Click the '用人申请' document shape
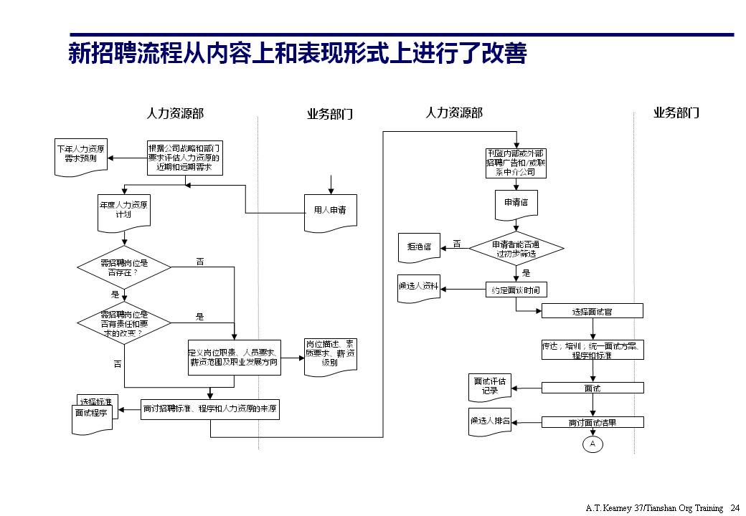pyautogui.click(x=330, y=212)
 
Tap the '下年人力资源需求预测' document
pyautogui.click(x=82, y=154)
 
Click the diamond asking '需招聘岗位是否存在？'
pyautogui.click(x=124, y=267)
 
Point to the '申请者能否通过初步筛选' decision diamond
pyautogui.click(x=516, y=249)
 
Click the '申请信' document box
pyautogui.click(x=516, y=204)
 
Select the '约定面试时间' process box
pyautogui.click(x=516, y=290)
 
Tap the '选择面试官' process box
pyautogui.click(x=592, y=311)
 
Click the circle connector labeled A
pyautogui.click(x=592, y=444)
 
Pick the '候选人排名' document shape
pyautogui.click(x=490, y=421)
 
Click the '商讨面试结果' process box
pyautogui.click(x=592, y=423)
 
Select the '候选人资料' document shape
pyautogui.click(x=419, y=286)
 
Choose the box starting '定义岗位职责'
pyautogui.click(x=235, y=358)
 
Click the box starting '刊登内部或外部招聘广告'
pyautogui.click(x=516, y=163)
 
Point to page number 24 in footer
pyautogui.click(x=734, y=507)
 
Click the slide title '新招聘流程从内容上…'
pyautogui.click(x=297, y=54)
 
